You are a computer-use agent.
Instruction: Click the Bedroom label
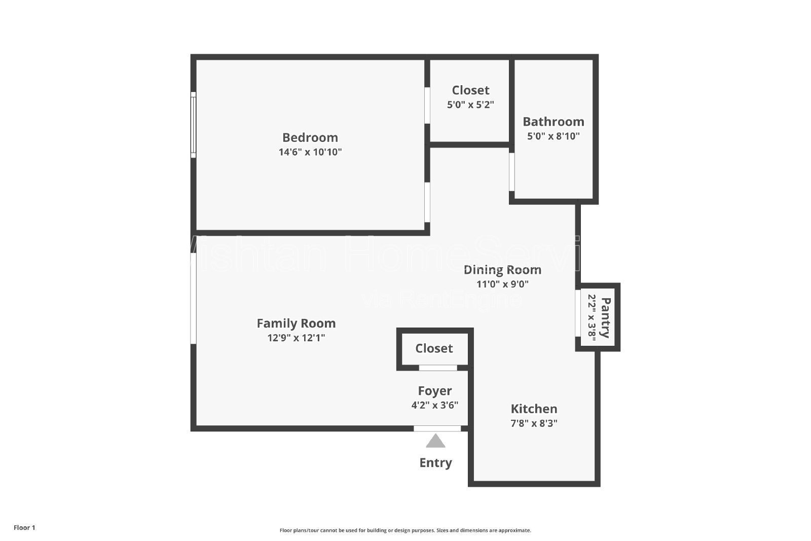pos(310,137)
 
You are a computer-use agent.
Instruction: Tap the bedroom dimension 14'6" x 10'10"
pos(310,152)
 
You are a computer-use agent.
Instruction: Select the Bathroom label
pos(553,122)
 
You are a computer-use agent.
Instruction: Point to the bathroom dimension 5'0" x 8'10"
pos(553,136)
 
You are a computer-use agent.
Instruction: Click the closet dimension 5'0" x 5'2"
pos(470,104)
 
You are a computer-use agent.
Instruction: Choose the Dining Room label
pos(502,270)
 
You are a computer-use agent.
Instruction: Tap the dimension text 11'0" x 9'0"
pos(502,284)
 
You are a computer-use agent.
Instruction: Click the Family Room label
pos(296,323)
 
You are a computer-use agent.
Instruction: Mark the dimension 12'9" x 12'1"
pos(296,337)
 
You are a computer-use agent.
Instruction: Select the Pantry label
pos(605,317)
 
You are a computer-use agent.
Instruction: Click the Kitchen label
pos(534,409)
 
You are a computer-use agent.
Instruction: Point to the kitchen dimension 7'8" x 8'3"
pos(534,423)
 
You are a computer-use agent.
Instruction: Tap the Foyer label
pos(434,391)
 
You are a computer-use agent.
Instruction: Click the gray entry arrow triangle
pos(435,442)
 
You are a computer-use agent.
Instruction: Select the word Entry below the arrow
pos(435,462)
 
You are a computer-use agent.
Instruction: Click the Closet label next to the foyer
pos(434,348)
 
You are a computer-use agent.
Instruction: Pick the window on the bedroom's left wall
pos(193,124)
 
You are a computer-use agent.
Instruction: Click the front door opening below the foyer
pos(437,428)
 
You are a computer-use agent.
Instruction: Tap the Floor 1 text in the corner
pos(24,527)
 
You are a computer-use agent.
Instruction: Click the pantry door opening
pos(578,313)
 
